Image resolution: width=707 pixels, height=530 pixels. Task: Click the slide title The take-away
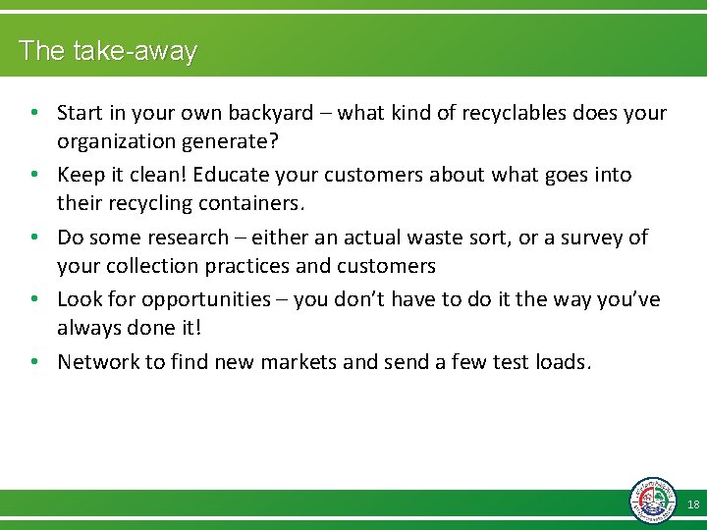(108, 51)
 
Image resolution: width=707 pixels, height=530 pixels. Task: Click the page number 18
(693, 504)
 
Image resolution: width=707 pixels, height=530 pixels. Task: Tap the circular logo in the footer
(653, 500)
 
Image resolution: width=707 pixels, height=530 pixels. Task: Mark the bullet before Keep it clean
(34, 175)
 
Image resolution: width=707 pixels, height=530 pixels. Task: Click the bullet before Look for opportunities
(34, 299)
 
